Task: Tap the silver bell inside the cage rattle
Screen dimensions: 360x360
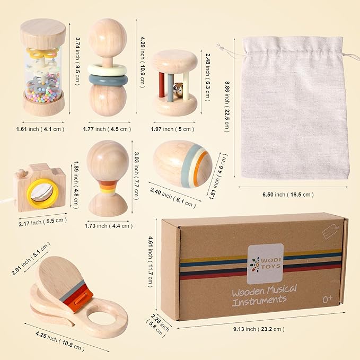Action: click(178, 88)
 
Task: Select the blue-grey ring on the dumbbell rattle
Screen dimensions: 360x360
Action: click(108, 81)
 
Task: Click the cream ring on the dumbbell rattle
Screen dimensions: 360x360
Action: click(107, 69)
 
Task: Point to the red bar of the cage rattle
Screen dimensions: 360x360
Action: click(161, 84)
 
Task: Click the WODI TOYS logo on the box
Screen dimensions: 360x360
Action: click(265, 264)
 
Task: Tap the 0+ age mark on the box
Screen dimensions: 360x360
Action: click(328, 299)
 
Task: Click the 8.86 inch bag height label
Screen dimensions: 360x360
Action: click(227, 107)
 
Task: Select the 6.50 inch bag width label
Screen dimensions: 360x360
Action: click(288, 195)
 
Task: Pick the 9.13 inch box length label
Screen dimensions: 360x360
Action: click(259, 329)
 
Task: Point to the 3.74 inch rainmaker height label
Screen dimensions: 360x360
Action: click(77, 62)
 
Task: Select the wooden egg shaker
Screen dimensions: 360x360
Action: click(182, 164)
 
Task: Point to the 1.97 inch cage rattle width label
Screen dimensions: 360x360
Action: click(172, 129)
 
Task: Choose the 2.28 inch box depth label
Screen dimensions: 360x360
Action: click(157, 326)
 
